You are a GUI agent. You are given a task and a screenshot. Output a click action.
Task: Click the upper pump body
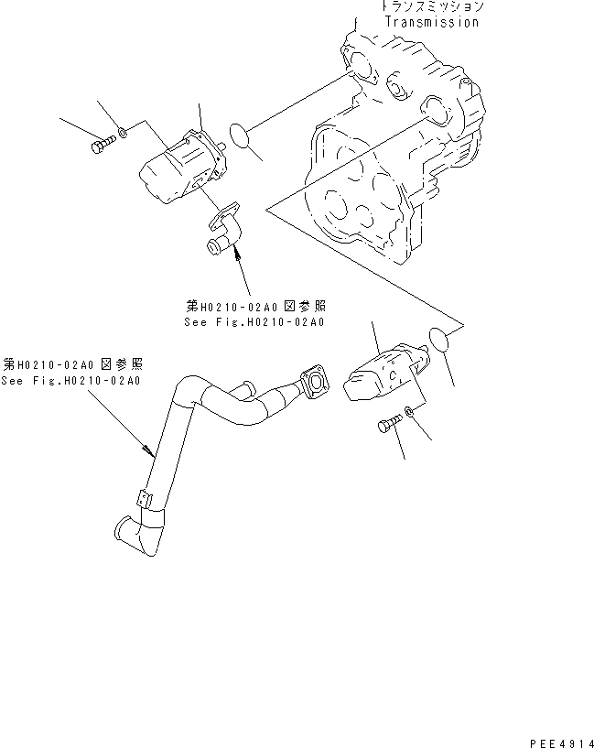183,166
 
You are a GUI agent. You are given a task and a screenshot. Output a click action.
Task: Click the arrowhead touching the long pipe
150,449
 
